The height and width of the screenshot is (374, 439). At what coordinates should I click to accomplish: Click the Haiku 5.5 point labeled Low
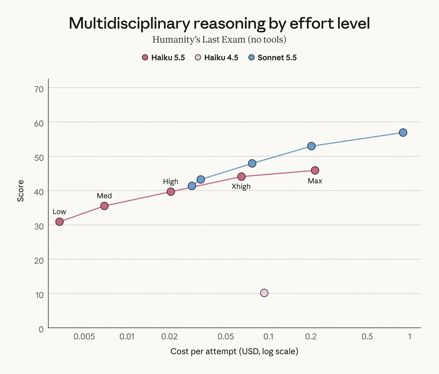[x=60, y=222]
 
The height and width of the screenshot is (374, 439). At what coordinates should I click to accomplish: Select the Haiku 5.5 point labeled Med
[x=104, y=206]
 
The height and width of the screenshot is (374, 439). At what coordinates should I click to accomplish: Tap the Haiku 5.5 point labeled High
[x=171, y=192]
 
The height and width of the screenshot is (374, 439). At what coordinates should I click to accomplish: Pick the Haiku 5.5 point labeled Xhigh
[x=241, y=177]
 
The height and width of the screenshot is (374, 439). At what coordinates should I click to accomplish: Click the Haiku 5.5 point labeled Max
[x=315, y=170]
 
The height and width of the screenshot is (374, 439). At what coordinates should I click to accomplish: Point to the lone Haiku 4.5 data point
[x=264, y=293]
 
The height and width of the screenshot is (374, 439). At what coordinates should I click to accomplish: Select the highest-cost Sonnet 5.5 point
[x=403, y=133]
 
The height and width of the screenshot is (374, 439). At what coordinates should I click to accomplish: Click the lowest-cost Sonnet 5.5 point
[x=192, y=186]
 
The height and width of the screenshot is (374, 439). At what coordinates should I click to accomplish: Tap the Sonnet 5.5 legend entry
[x=272, y=58]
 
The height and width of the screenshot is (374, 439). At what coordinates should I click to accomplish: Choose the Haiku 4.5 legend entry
[x=216, y=58]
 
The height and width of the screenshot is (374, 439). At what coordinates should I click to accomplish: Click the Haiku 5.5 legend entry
[x=163, y=58]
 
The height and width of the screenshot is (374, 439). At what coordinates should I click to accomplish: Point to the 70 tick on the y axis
[x=39, y=89]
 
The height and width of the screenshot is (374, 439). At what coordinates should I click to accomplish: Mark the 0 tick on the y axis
[x=41, y=329]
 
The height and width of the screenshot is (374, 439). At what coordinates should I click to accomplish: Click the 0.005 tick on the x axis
[x=84, y=337]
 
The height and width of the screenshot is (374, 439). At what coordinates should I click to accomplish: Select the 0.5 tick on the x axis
[x=367, y=337]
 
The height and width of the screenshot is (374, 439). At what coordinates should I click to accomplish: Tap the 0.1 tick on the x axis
[x=268, y=337]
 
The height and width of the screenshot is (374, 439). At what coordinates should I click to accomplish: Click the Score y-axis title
[x=21, y=191]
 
